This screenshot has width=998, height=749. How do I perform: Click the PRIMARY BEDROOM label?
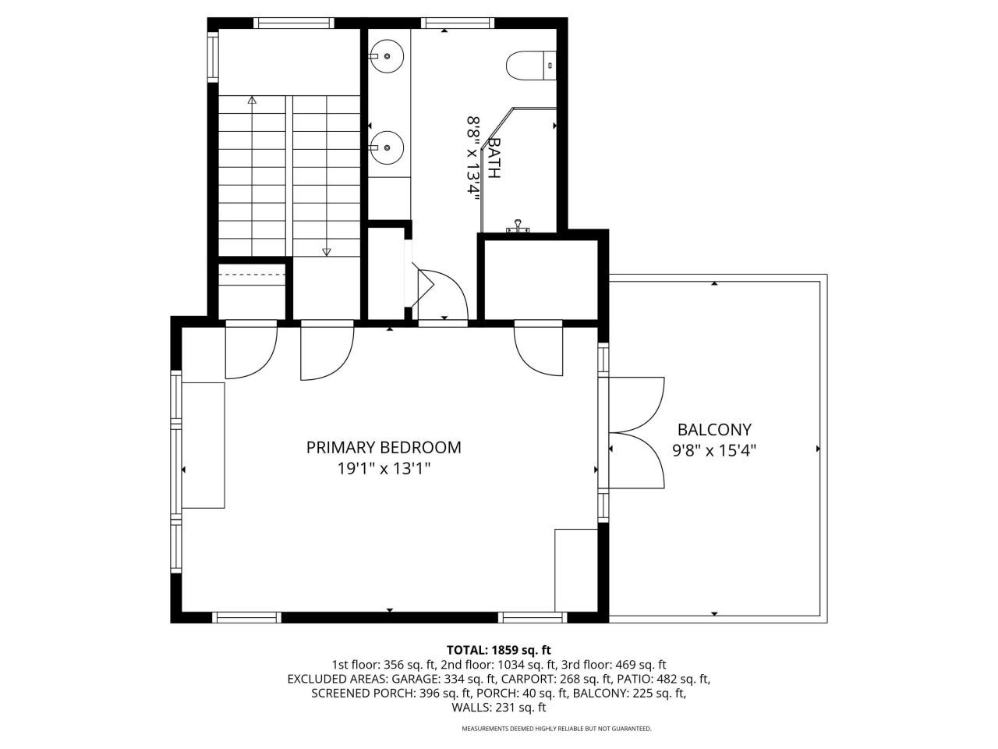(383, 447)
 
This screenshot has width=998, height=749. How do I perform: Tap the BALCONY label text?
(714, 429)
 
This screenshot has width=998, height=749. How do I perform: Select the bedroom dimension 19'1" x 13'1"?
(383, 469)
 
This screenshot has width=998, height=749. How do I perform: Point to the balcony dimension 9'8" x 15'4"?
(714, 450)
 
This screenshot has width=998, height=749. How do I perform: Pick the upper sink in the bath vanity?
(386, 55)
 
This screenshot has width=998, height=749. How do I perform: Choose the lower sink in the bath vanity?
(386, 145)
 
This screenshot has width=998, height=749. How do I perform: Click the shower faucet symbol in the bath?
(518, 228)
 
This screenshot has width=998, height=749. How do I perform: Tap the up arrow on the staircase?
(252, 101)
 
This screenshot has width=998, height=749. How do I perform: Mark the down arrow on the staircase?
(327, 250)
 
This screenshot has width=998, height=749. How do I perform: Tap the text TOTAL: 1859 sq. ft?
(498, 649)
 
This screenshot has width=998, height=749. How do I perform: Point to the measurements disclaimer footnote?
(556, 729)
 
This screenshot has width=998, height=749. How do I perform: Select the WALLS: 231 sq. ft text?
(498, 708)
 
